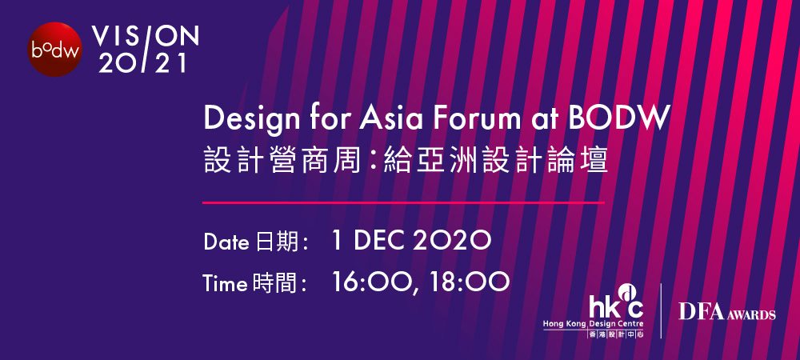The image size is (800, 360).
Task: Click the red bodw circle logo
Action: [54, 50]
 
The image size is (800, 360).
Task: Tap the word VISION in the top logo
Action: [146, 36]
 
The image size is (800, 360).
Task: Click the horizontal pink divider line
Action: [403, 203]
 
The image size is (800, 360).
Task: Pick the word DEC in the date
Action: [377, 241]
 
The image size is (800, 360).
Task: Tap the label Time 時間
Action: [254, 283]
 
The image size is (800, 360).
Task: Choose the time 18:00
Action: [470, 282]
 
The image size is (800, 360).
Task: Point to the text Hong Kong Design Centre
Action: [594, 324]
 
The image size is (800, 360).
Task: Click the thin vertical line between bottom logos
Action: [662, 311]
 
